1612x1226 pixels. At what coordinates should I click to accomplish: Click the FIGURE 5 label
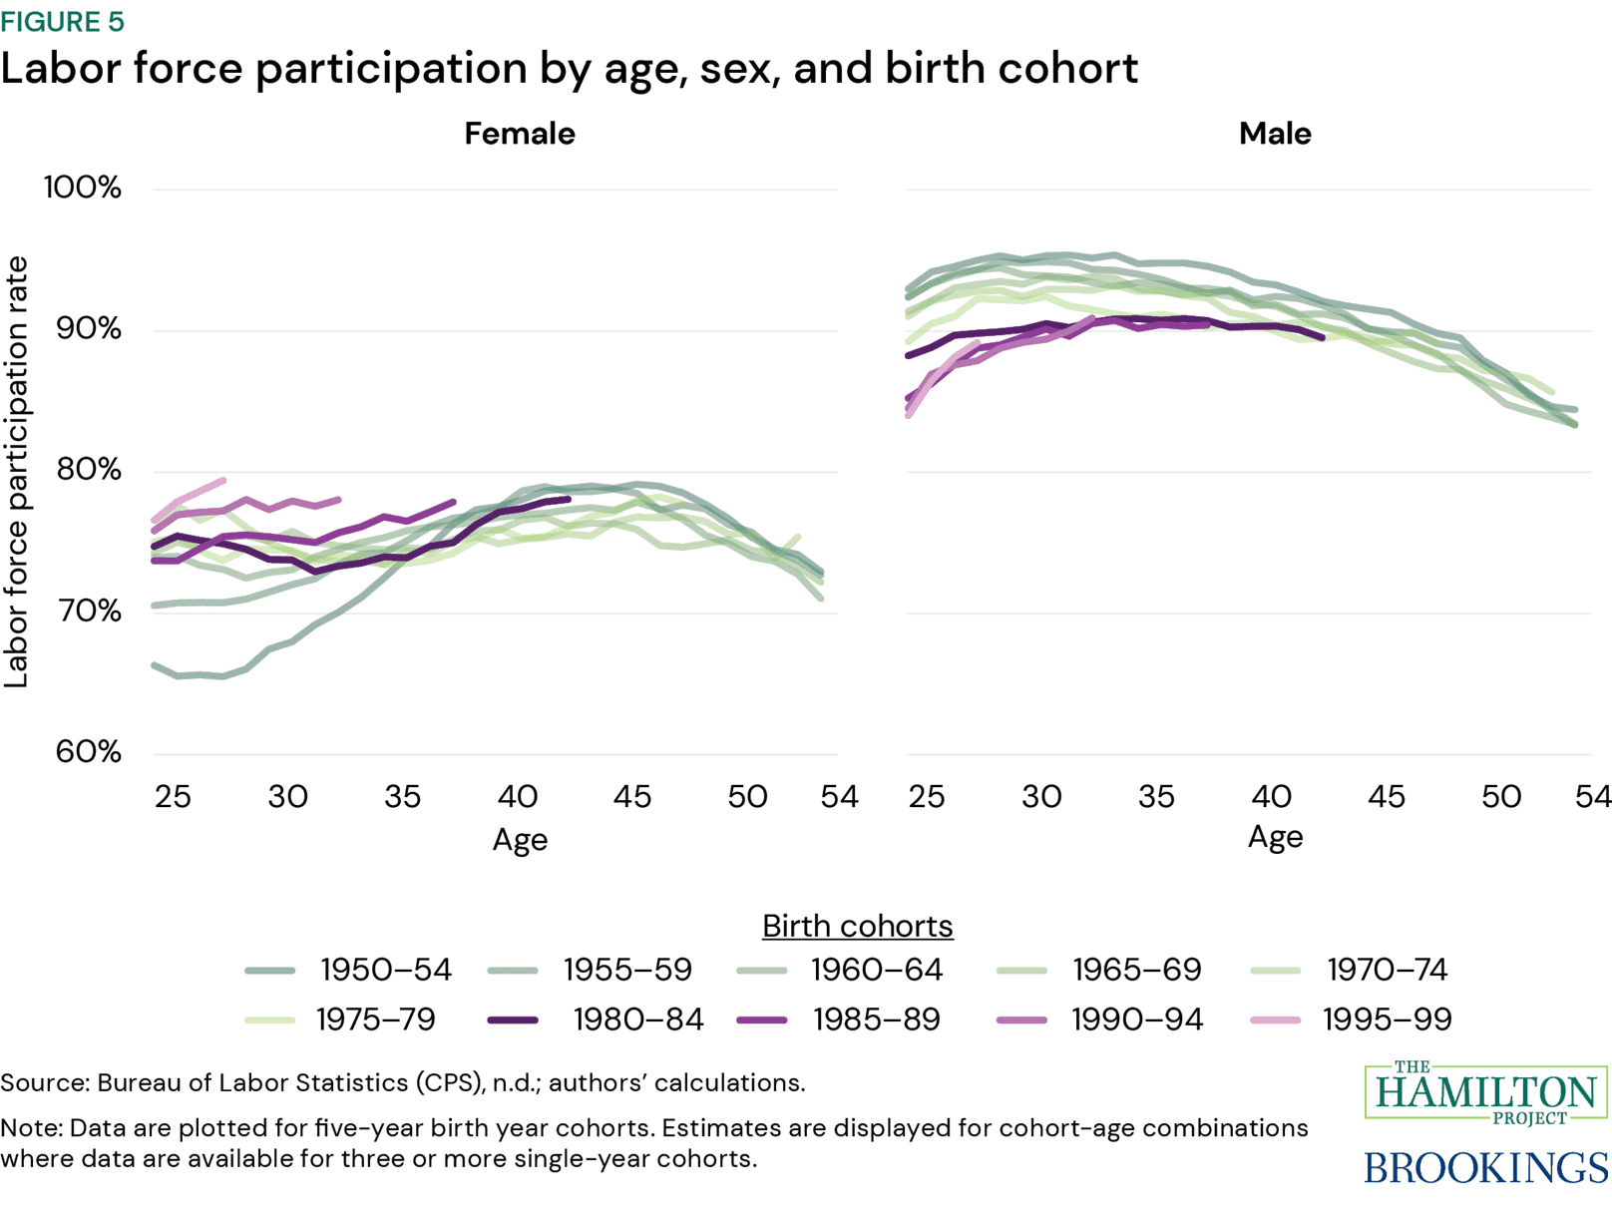click(x=62, y=22)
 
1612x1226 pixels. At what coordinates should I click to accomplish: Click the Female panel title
click(x=519, y=134)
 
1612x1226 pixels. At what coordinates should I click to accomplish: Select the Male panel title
click(x=1274, y=134)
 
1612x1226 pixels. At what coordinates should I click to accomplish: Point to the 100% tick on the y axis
click(x=82, y=188)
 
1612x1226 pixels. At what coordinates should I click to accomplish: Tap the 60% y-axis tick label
click(x=88, y=751)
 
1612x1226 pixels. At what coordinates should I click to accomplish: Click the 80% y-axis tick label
click(x=88, y=470)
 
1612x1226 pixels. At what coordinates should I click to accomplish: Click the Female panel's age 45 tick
click(x=631, y=797)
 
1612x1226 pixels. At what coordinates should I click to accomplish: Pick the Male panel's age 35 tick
click(x=1156, y=797)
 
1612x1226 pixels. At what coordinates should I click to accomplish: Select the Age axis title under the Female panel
click(x=520, y=840)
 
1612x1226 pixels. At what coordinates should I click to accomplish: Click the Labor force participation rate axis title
click(x=17, y=472)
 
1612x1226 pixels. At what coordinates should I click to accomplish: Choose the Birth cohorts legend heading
click(x=857, y=926)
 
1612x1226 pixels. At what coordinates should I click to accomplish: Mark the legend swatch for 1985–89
click(x=761, y=1021)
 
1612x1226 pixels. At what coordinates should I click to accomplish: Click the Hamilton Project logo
click(x=1485, y=1093)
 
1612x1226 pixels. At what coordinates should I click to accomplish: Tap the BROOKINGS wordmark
click(x=1485, y=1167)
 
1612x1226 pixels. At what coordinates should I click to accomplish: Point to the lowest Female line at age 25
click(x=156, y=665)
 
